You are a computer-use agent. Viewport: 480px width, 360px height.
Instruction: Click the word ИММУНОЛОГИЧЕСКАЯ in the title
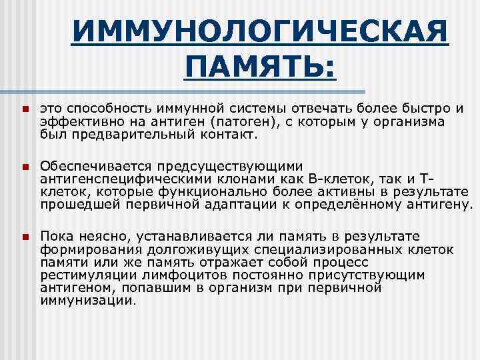260,31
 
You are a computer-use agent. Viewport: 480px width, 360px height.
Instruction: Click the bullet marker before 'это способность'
23,109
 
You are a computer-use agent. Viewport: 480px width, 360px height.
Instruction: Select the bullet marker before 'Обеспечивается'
23,165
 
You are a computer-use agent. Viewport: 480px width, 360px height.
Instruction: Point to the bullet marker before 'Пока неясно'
23,237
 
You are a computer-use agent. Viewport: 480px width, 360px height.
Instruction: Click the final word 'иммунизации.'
87,301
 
